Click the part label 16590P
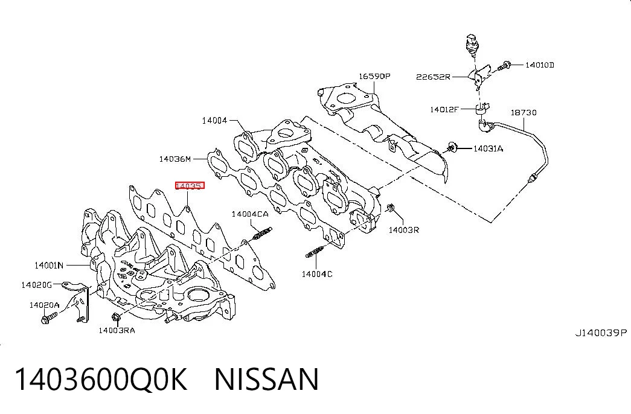tap(374, 76)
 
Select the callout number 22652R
tap(433, 77)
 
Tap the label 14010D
tap(540, 65)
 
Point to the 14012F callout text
tap(444, 109)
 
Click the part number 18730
tap(524, 113)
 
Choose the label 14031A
tap(488, 149)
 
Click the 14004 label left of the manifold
tap(214, 120)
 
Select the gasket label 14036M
tap(175, 159)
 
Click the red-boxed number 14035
tap(190, 185)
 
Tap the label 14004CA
tap(250, 214)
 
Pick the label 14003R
tap(403, 230)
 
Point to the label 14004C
tap(317, 275)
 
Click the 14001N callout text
tap(49, 265)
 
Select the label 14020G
tap(37, 285)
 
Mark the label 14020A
tap(44, 305)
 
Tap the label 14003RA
tap(117, 331)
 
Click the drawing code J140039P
tap(601, 333)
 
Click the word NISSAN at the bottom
tap(267, 380)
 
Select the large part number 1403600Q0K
tap(101, 380)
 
